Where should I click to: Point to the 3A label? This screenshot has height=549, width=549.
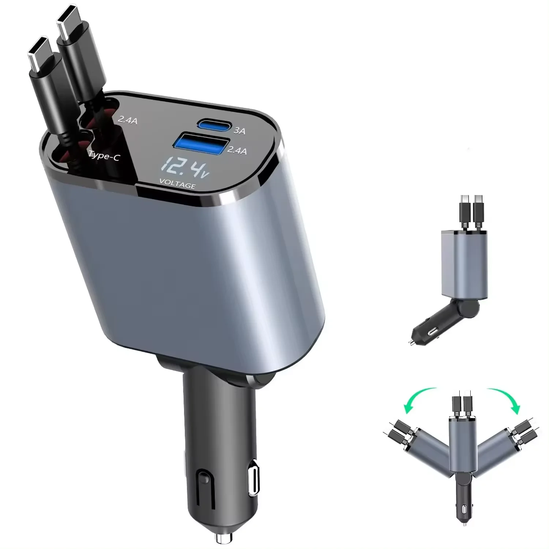239,131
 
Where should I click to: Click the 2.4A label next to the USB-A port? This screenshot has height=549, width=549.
237,150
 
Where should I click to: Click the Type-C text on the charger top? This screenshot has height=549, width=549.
104,156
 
